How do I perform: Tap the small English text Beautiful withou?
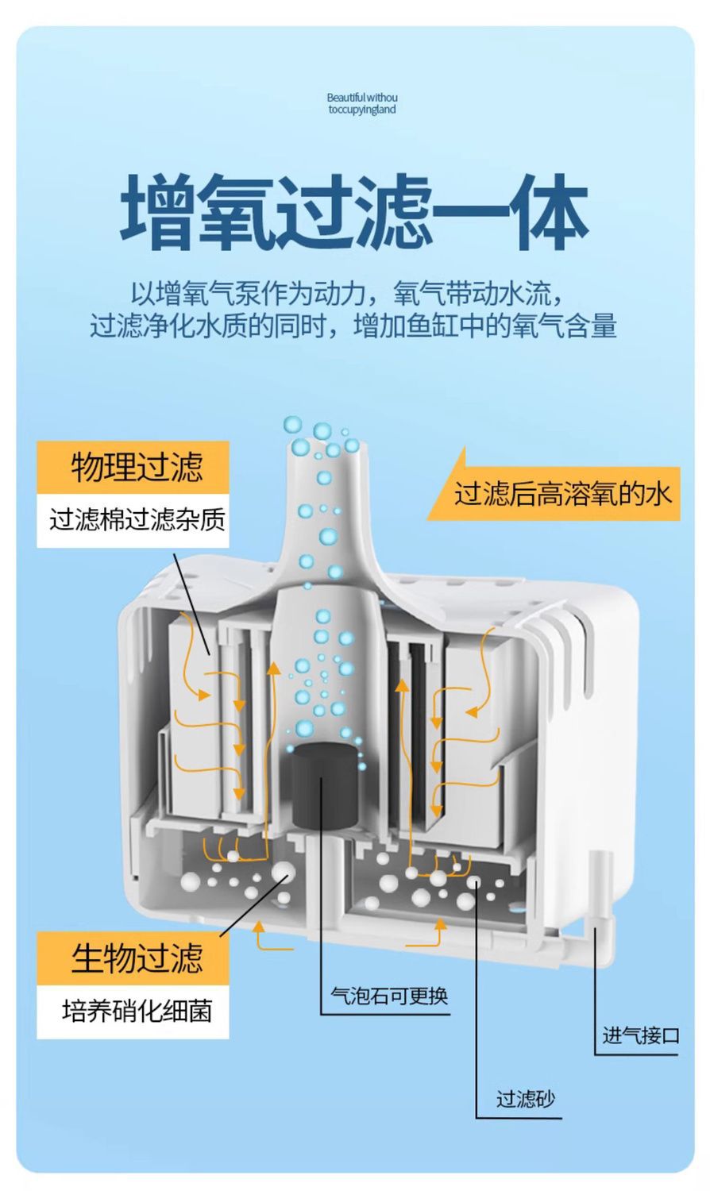362,98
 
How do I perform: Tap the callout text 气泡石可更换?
389,995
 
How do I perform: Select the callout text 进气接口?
640,1035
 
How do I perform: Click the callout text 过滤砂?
526,1099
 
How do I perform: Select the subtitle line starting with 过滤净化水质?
353,326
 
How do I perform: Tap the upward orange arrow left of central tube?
273,715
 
